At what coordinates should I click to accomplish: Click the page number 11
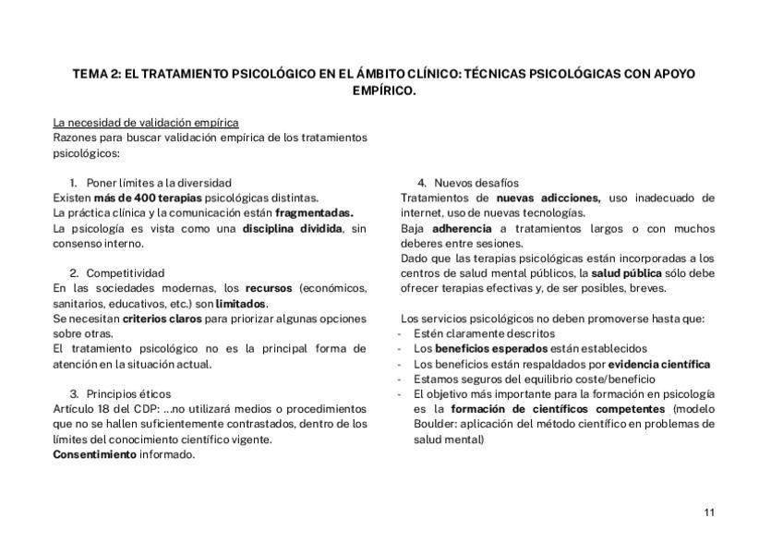pos(708,512)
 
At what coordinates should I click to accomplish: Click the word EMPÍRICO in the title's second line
pos(384,91)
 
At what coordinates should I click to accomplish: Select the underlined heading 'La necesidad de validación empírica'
pos(146,122)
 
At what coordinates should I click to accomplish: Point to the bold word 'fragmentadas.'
pos(314,212)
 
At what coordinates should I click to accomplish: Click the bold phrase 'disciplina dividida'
pos(292,228)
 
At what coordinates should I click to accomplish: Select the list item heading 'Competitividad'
pos(126,273)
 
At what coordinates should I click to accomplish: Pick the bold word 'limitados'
pos(241,303)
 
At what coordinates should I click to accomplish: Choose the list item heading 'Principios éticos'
pos(128,393)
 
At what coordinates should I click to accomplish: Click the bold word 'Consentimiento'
pos(94,454)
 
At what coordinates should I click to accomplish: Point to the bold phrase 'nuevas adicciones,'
pos(548,198)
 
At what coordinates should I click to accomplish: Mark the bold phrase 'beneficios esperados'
pos(491,349)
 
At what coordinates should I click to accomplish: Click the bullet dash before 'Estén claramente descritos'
pos(399,333)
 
